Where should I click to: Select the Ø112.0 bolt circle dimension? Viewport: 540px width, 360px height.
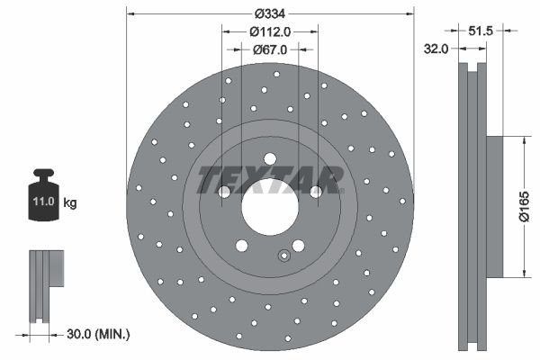(269, 31)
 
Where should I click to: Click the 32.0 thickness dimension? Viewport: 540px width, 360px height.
(436, 49)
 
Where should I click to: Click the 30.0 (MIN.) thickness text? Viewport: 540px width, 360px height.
(99, 334)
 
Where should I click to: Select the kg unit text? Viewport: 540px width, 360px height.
(70, 203)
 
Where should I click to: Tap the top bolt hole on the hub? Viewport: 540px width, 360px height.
(269, 159)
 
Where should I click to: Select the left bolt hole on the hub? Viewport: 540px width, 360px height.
(224, 191)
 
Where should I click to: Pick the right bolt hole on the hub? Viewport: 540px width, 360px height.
(315, 191)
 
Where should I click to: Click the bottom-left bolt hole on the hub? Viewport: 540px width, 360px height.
(241, 245)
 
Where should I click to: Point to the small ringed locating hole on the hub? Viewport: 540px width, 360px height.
(284, 255)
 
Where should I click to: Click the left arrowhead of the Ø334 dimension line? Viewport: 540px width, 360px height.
(130, 13)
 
